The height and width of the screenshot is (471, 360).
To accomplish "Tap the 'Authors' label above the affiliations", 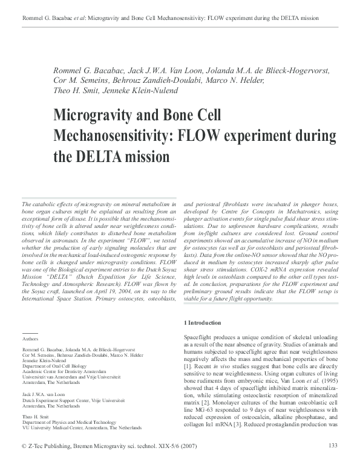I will pyautogui.click(x=30, y=340).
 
